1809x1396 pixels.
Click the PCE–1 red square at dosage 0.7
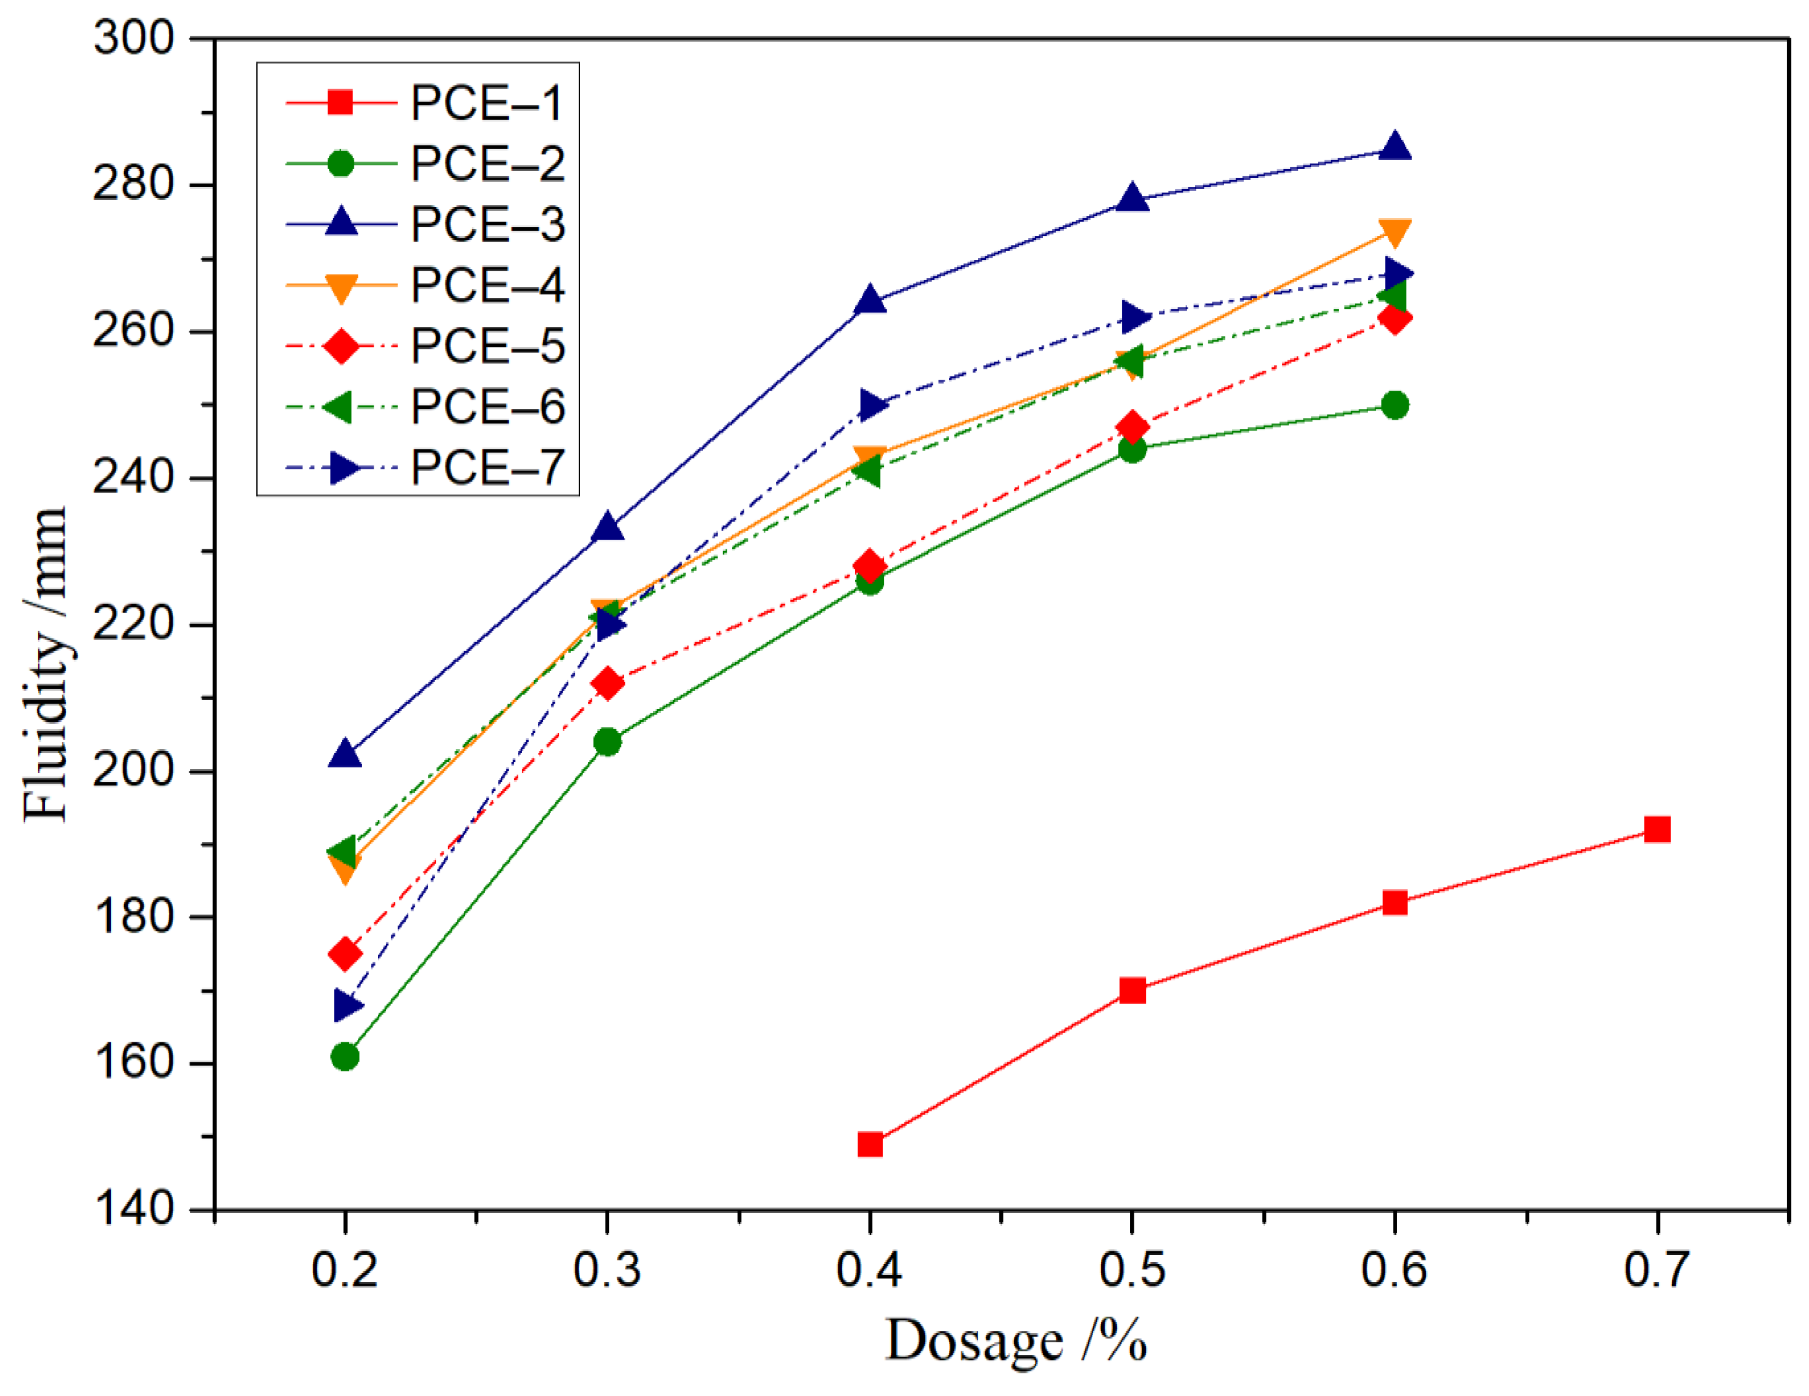[1656, 829]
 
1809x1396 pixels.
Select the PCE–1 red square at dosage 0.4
[870, 1145]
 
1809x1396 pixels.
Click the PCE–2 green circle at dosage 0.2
[345, 1056]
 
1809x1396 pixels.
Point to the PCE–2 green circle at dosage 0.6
[1395, 405]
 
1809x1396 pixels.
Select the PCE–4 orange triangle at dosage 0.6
[1395, 232]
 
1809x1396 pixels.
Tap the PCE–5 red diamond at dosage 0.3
[607, 684]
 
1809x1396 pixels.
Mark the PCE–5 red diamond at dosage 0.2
[345, 954]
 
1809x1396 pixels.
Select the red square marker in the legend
[340, 103]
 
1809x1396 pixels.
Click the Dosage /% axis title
[1016, 1341]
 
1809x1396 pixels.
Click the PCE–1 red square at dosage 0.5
[1133, 990]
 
